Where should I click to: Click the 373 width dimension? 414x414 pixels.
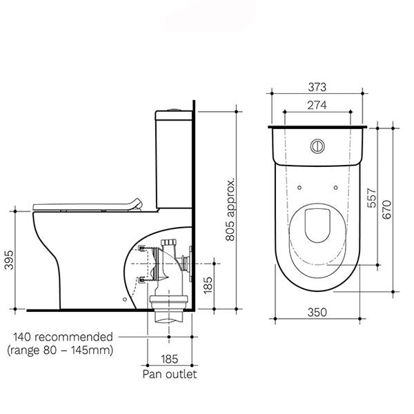[x=317, y=87]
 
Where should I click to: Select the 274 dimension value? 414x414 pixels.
[x=317, y=105]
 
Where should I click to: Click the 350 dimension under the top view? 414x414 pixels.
[x=317, y=312]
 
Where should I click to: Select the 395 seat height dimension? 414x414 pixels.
[x=8, y=259]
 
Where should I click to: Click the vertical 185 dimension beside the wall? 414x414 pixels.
[x=208, y=282]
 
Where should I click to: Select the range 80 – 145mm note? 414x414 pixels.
[x=59, y=350]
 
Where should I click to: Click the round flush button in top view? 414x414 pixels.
[x=317, y=146]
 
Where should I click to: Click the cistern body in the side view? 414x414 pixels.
[x=172, y=159]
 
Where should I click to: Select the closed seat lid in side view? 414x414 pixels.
[x=86, y=205]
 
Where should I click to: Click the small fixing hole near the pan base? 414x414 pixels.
[x=124, y=299]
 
